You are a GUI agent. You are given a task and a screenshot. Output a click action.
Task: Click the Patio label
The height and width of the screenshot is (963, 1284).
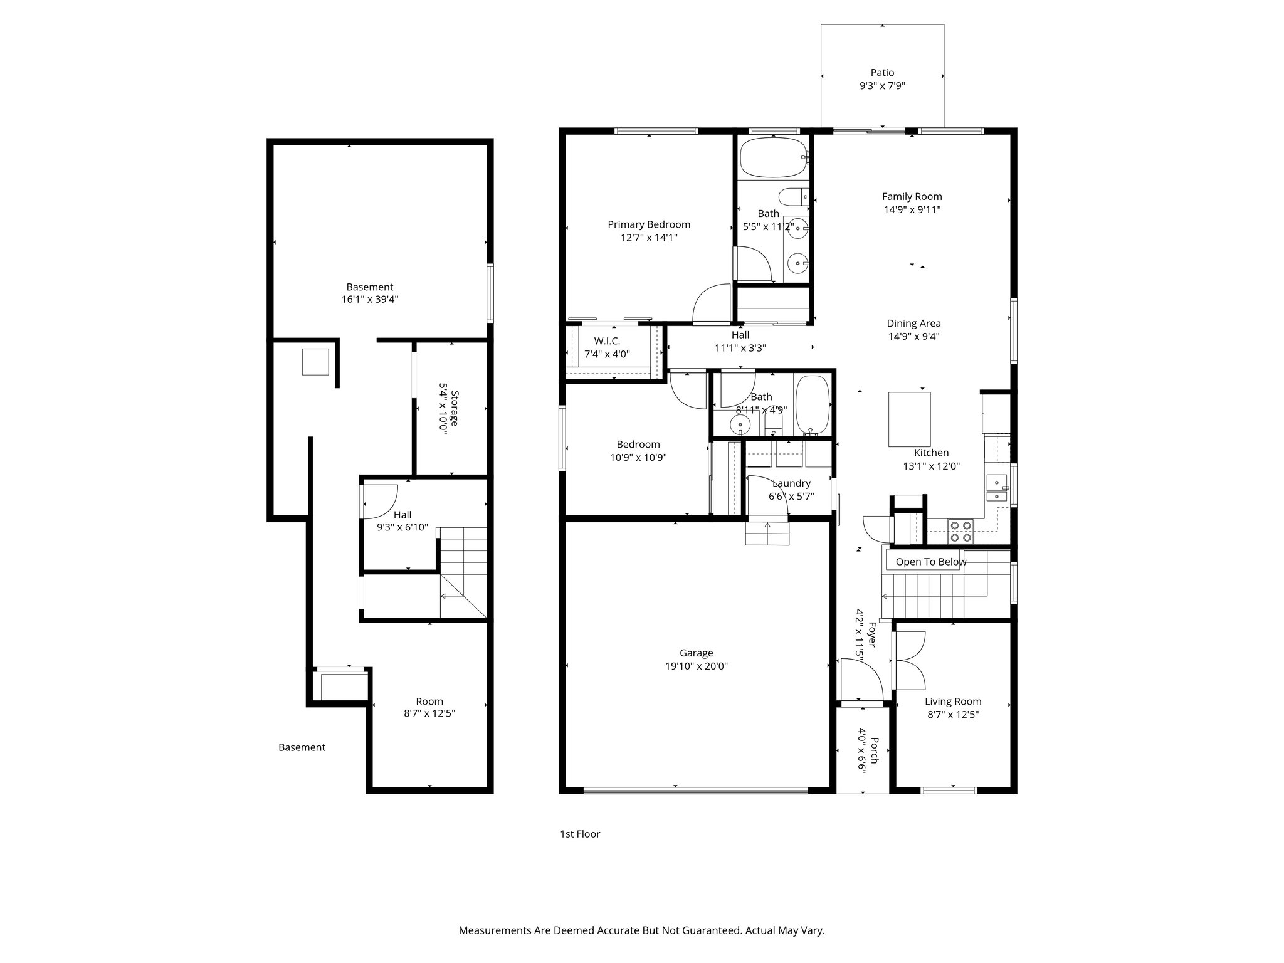pyautogui.click(x=881, y=73)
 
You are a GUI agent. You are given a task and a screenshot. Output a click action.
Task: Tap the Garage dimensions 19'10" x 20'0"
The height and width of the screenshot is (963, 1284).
pyautogui.click(x=696, y=666)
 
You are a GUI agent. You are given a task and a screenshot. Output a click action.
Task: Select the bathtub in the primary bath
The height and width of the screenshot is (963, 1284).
pyautogui.click(x=773, y=157)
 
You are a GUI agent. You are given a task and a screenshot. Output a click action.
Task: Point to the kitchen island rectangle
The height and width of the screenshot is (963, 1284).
pyautogui.click(x=909, y=419)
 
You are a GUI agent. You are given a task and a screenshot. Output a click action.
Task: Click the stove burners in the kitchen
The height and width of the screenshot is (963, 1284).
pyautogui.click(x=960, y=531)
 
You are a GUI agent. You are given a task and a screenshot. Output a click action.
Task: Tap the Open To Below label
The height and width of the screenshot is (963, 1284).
pyautogui.click(x=930, y=562)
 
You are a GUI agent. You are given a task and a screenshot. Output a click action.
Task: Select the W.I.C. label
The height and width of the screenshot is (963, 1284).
pyautogui.click(x=606, y=341)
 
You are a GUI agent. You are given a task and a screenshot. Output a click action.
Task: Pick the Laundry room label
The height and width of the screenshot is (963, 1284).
pyautogui.click(x=791, y=483)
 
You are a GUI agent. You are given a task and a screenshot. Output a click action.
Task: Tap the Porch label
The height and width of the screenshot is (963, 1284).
pyautogui.click(x=874, y=750)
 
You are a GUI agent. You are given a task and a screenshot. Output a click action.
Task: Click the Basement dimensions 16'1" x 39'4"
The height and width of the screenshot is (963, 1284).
pyautogui.click(x=370, y=300)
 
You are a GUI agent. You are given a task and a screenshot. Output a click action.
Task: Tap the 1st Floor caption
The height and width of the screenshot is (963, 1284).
pyautogui.click(x=579, y=834)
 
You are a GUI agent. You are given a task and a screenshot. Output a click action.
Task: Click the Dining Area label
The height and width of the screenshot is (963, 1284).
pyautogui.click(x=913, y=324)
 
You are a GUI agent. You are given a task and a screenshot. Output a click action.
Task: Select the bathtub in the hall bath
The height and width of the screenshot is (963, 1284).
pyautogui.click(x=813, y=404)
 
